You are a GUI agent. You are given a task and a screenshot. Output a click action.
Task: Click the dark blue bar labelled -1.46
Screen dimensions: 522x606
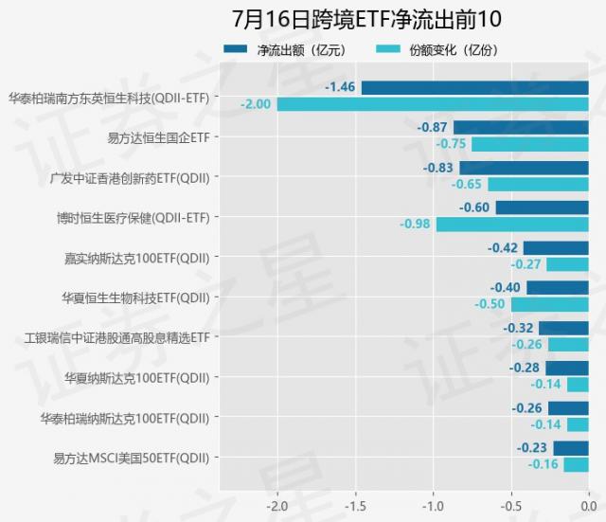[x=474, y=88]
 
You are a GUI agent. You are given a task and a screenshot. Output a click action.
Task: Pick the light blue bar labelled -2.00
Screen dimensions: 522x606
[x=433, y=104]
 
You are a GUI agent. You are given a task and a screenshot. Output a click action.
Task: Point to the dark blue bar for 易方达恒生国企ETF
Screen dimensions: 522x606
[x=521, y=128]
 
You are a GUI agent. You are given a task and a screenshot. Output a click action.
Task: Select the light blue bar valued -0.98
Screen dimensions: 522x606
[x=512, y=225]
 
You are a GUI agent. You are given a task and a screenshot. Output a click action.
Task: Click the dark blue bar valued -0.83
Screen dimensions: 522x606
[x=524, y=168]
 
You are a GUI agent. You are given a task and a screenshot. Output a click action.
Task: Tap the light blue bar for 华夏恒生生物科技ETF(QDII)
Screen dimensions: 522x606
[x=550, y=304]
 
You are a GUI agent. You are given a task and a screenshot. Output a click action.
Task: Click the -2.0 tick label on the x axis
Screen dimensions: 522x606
[x=276, y=505]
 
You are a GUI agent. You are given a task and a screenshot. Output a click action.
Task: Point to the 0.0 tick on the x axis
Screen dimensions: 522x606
[x=588, y=505]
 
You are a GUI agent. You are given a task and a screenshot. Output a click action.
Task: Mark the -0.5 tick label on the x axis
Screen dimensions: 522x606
[x=510, y=505]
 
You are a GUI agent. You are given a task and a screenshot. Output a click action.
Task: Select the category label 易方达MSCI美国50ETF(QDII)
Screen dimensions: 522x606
[x=132, y=458]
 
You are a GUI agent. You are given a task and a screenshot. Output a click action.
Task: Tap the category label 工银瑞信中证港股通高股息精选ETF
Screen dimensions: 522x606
[x=116, y=337]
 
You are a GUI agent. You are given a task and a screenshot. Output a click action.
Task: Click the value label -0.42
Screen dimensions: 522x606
[x=502, y=248]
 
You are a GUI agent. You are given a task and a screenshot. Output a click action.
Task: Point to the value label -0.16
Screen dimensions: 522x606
[x=543, y=465]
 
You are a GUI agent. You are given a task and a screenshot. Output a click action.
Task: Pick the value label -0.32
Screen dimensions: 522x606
[x=517, y=329]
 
